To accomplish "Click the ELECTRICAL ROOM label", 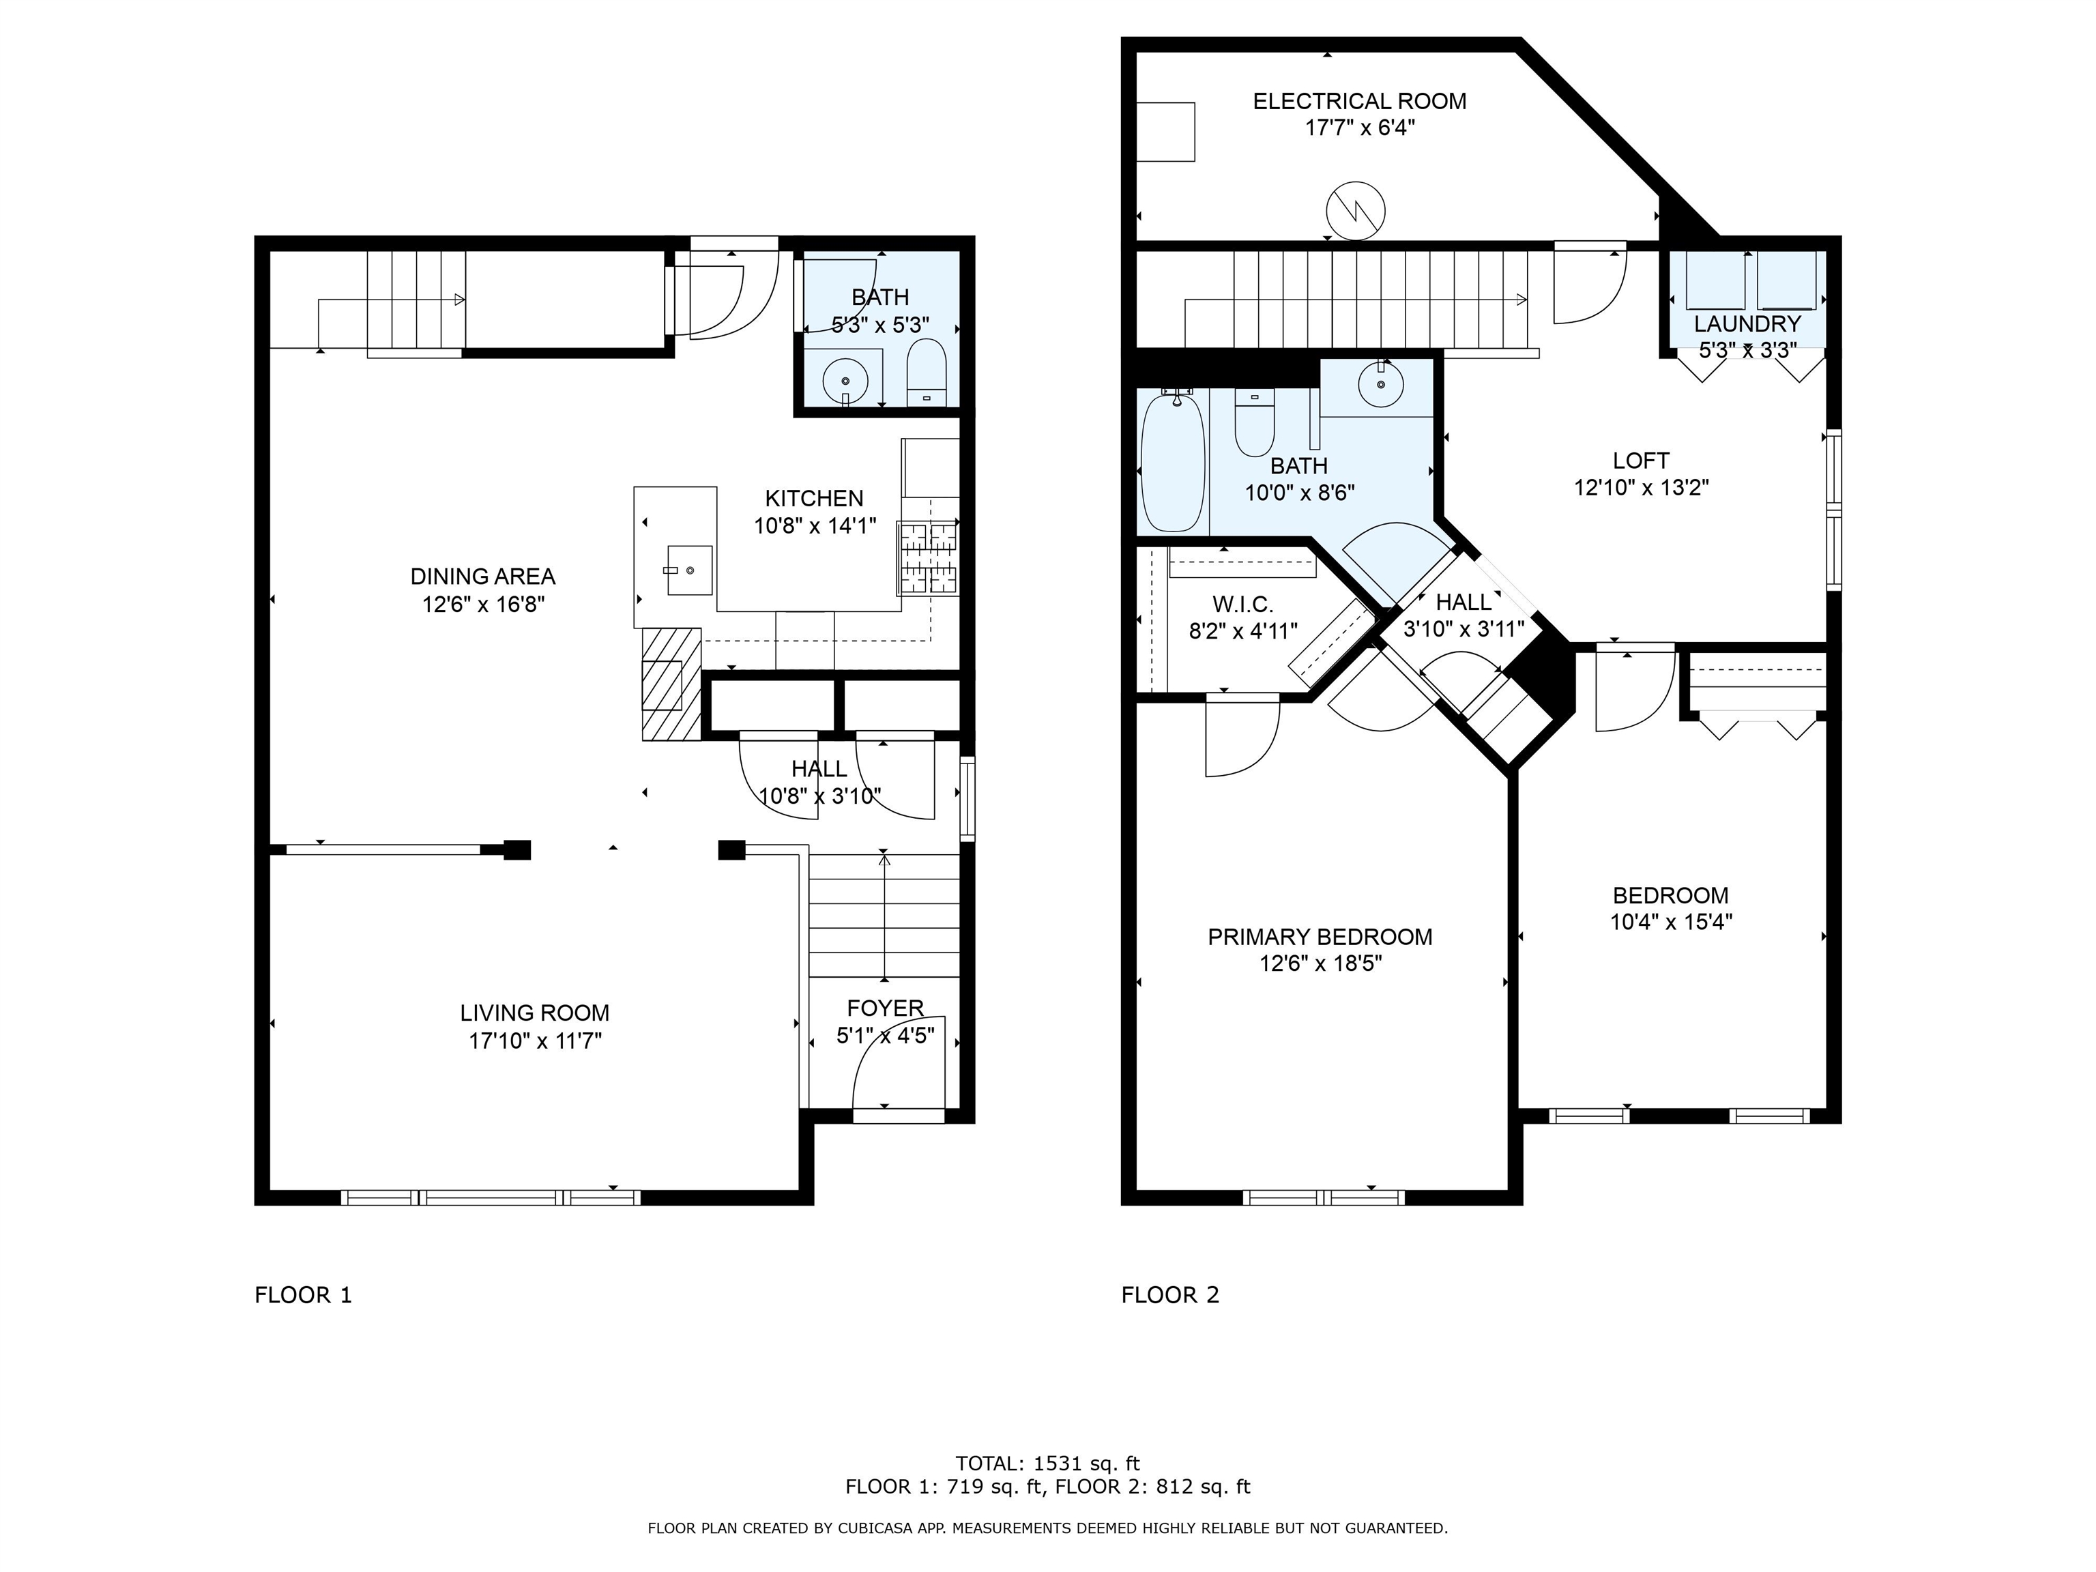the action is coord(1359,102).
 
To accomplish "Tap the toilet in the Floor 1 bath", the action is coord(926,373).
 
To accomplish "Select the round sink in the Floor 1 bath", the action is coord(844,383).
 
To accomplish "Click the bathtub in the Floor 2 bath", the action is coord(1173,463).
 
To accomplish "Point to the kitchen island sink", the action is coord(689,570).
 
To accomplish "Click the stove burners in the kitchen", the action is coord(928,558).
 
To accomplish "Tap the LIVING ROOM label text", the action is coord(534,1013).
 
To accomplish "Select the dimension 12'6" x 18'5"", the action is coord(1320,963).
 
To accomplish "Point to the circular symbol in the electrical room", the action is coord(1356,210).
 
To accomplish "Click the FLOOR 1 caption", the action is coord(303,1295).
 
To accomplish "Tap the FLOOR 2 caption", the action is coord(1170,1295).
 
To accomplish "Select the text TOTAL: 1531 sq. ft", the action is coord(1047,1463).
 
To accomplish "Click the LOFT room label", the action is coord(1641,461).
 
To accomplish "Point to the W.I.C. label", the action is coord(1242,605).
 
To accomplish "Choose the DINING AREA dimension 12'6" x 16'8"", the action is coord(483,604).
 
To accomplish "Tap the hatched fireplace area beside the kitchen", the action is coord(671,684).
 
